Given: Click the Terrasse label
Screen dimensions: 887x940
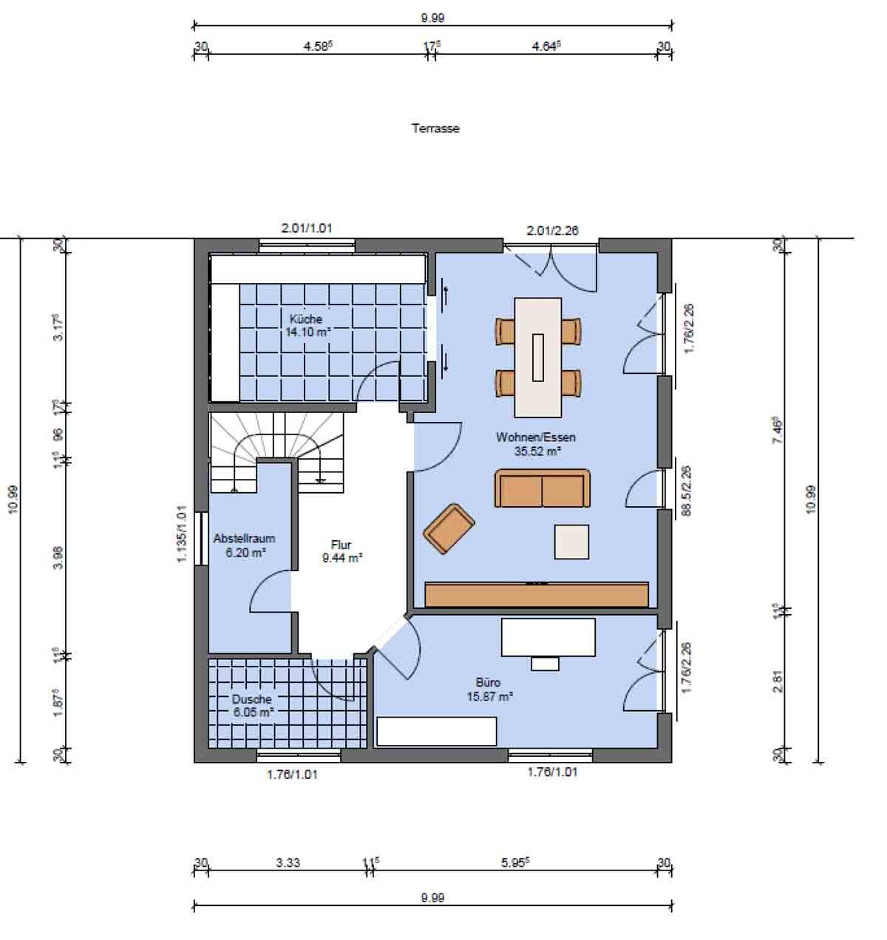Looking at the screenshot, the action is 435,129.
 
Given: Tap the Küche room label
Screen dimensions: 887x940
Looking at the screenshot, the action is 306,319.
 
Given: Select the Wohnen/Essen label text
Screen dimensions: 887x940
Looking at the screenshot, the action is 536,437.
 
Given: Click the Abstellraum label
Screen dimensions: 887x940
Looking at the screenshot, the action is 244,538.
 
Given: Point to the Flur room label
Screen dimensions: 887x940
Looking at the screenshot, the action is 341,545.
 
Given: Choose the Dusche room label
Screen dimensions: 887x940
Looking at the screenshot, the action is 251,699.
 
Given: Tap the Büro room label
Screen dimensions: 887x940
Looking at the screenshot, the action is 488,683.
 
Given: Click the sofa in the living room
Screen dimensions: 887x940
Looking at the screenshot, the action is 543,488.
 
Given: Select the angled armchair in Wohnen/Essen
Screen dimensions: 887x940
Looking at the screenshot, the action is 449,528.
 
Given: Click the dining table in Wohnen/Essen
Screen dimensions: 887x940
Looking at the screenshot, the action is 538,358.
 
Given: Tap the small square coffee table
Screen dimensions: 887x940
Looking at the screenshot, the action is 571,542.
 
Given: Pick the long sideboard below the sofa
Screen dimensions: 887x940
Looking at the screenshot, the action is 537,594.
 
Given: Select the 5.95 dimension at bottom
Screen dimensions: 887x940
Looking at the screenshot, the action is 514,862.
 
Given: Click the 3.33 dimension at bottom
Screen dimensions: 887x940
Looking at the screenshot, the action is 288,862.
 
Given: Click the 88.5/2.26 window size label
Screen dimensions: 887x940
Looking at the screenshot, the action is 686,491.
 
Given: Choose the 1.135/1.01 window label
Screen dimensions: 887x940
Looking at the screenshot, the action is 182,534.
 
